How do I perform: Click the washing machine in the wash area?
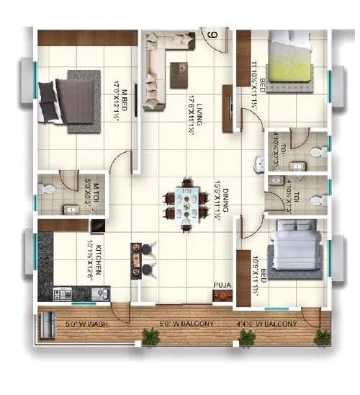coord(49,326)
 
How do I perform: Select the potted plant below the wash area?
coord(150,337)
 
